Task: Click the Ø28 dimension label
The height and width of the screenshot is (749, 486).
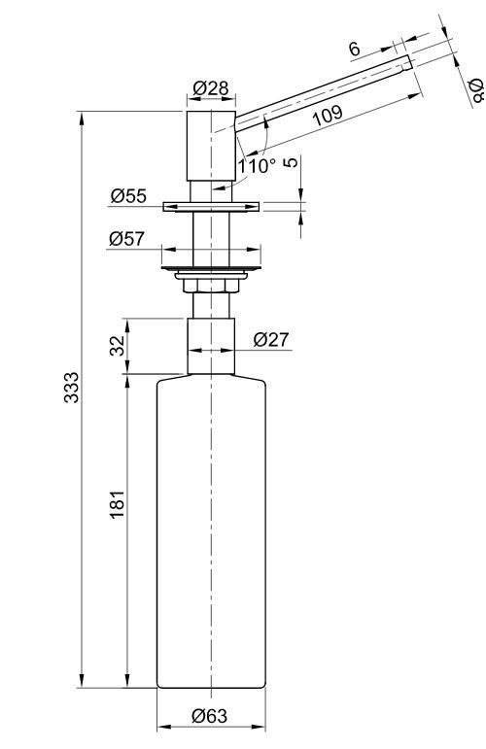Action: coord(211,88)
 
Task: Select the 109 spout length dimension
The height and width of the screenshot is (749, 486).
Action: coord(329,116)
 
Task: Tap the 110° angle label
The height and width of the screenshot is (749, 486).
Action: coord(258,166)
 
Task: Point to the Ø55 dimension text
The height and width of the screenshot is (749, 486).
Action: coord(128,196)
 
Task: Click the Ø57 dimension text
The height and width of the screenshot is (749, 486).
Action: coord(126,238)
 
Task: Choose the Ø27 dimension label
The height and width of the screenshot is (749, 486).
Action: coord(271,340)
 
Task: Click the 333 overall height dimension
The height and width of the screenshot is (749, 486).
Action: coord(72,387)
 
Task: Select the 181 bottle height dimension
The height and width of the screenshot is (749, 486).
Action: coord(117,504)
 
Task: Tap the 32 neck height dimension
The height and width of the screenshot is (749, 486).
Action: coord(117,346)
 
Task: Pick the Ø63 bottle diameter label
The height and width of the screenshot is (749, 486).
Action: coord(210,716)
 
